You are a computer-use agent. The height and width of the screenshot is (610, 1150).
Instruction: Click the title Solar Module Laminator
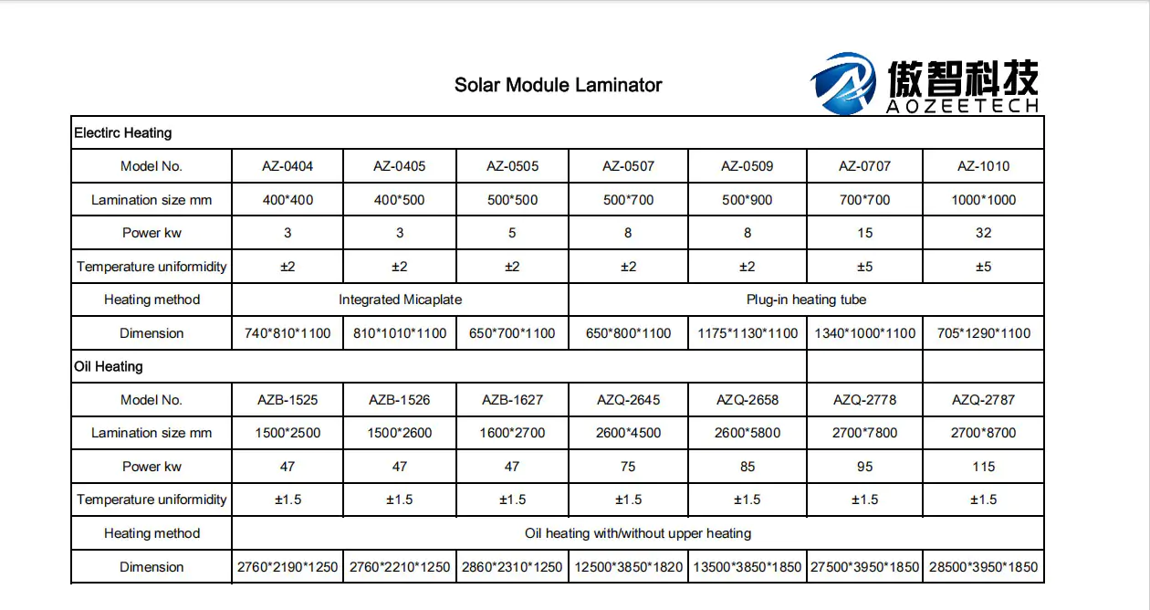click(x=558, y=85)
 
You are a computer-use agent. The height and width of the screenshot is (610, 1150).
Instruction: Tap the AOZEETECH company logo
click(x=925, y=84)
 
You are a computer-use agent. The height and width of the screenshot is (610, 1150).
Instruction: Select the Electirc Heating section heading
click(x=122, y=132)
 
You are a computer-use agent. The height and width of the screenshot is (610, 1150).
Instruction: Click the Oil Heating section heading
click(x=109, y=366)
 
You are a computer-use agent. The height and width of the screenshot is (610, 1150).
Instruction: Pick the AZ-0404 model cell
click(x=287, y=166)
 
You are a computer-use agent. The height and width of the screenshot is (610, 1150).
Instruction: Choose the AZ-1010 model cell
click(x=983, y=166)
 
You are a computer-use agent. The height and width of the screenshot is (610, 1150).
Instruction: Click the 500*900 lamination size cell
click(x=747, y=200)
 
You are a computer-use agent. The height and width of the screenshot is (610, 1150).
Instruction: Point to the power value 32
click(x=983, y=233)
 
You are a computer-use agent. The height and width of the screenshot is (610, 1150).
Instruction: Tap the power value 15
click(x=864, y=233)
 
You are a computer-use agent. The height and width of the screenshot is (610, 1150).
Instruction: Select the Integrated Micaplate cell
click(x=400, y=300)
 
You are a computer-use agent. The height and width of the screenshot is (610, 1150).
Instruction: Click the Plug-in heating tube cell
click(x=806, y=300)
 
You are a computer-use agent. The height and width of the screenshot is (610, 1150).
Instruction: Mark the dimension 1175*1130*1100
click(x=747, y=333)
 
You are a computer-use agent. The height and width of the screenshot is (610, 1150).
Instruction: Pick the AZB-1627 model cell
click(x=512, y=400)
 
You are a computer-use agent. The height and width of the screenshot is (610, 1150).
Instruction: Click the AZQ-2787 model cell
click(x=983, y=400)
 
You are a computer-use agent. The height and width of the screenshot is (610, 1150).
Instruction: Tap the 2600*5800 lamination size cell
click(x=747, y=433)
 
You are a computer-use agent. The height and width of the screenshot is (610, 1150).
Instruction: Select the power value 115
click(x=983, y=467)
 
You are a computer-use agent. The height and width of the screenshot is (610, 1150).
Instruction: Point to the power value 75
click(x=628, y=467)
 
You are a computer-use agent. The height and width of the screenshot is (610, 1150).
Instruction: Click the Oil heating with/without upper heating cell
click(x=638, y=533)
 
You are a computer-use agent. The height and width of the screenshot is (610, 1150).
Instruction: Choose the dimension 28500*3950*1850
click(x=983, y=567)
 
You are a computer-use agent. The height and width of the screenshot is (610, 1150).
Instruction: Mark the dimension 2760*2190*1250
click(x=287, y=567)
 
